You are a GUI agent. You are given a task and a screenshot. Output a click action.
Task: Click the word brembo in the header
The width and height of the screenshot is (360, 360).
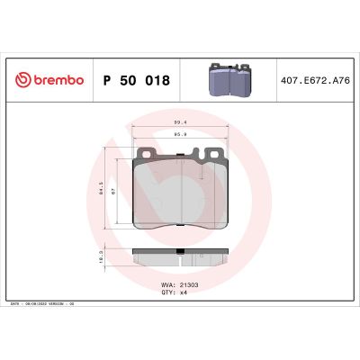[55, 80]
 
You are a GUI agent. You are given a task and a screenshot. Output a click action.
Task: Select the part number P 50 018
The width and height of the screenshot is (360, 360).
[137, 80]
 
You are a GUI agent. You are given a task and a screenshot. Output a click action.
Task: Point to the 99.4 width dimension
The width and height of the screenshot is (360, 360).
[180, 121]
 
